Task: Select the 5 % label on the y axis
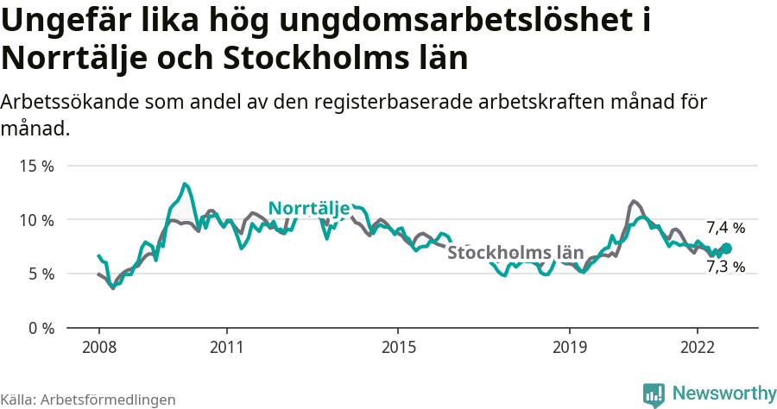tap(40, 274)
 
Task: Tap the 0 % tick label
tap(40, 328)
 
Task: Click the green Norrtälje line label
tap(308, 208)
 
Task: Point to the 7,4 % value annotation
tap(725, 228)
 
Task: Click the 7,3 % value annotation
tap(725, 267)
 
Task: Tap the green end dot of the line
tap(726, 249)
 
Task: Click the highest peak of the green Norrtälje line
tap(185, 184)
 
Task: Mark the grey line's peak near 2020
tap(635, 201)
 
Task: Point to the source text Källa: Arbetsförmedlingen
tap(88, 400)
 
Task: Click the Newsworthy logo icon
tap(654, 394)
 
